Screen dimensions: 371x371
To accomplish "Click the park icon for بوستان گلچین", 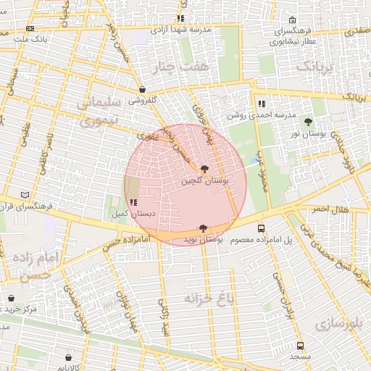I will [x=205, y=168].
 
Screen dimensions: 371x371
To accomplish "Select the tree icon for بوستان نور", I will [x=309, y=122].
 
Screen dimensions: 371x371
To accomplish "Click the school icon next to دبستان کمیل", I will [x=132, y=203].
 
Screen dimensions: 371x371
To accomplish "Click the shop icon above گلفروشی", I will [x=142, y=90].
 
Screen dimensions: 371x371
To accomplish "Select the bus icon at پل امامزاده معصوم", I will [x=261, y=228].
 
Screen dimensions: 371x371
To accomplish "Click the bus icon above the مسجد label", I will [x=300, y=346].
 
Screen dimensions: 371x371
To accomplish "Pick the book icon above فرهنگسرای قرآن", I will [x=27, y=195].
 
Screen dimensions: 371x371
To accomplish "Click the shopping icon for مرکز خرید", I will [x=11, y=298].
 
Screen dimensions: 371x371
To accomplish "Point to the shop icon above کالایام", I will [x=68, y=357].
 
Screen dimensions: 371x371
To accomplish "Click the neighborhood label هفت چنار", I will [x=173, y=67].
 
